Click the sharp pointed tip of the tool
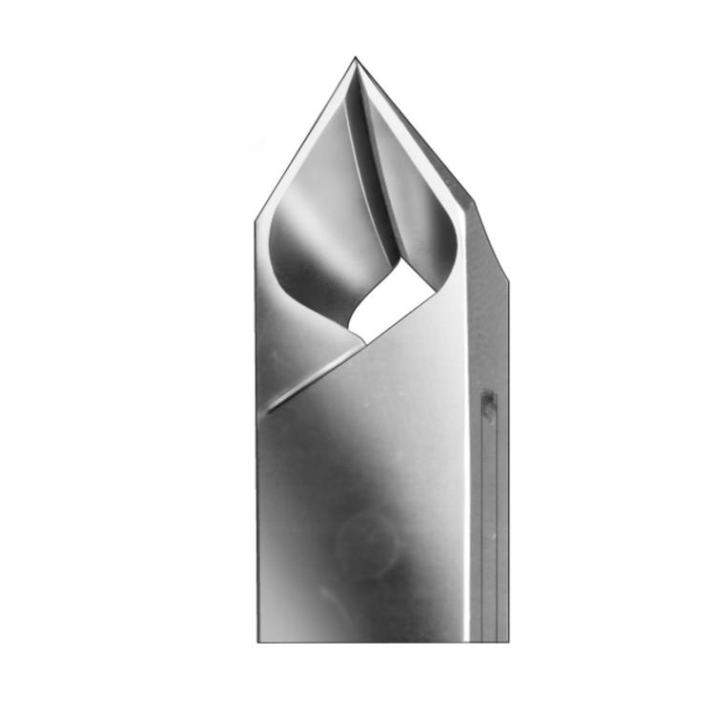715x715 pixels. click(356, 58)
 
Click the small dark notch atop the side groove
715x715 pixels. click(488, 405)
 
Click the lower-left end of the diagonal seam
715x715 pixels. click(269, 410)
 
